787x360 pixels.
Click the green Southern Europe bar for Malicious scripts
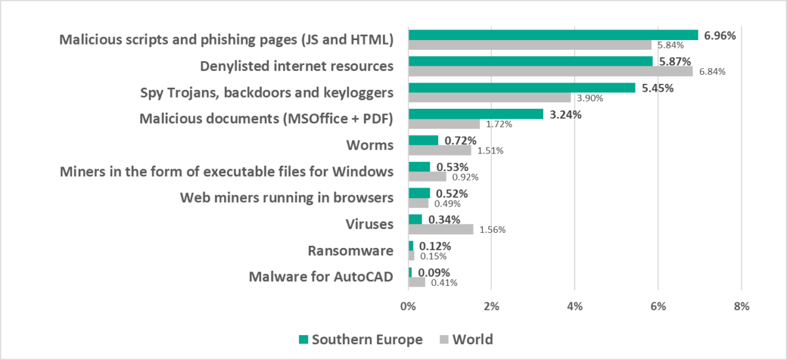tap(553, 35)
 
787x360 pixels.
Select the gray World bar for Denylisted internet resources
tap(550, 71)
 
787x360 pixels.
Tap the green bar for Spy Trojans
tap(521, 88)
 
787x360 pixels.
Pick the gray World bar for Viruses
tap(441, 230)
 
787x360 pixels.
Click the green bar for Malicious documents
tap(475, 114)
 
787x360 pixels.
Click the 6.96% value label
tap(720, 35)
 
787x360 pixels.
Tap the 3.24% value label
tap(565, 114)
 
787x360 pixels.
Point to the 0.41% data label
tap(444, 283)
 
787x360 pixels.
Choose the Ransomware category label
tap(350, 250)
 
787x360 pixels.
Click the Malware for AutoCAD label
tap(321, 277)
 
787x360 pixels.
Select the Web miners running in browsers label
tap(287, 197)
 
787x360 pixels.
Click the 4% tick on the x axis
tap(575, 306)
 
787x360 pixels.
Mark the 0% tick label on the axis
tap(408, 306)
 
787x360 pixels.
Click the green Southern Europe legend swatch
tap(302, 340)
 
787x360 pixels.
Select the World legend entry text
tap(473, 340)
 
